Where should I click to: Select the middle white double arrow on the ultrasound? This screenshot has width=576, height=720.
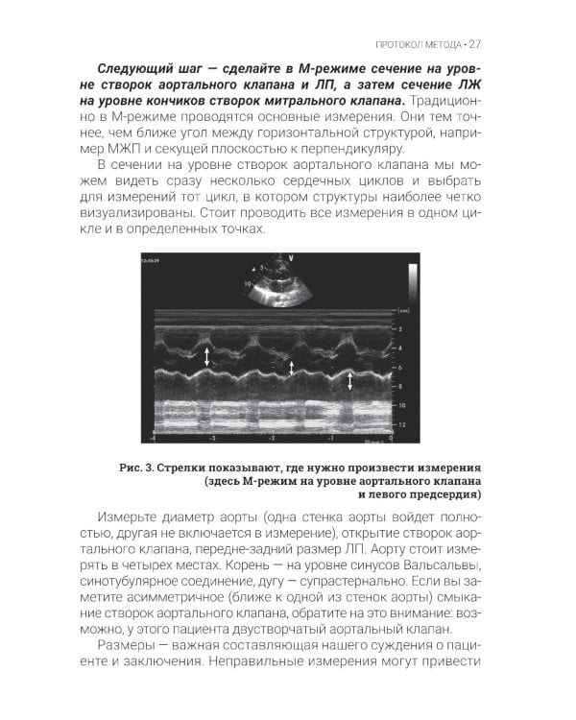pos(290,367)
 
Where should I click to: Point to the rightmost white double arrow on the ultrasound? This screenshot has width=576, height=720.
pos(349,379)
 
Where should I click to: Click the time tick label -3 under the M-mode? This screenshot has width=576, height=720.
pos(212,438)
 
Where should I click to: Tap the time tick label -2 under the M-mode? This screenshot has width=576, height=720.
pos(272,438)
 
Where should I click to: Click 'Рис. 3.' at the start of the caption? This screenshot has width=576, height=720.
pos(132,464)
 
